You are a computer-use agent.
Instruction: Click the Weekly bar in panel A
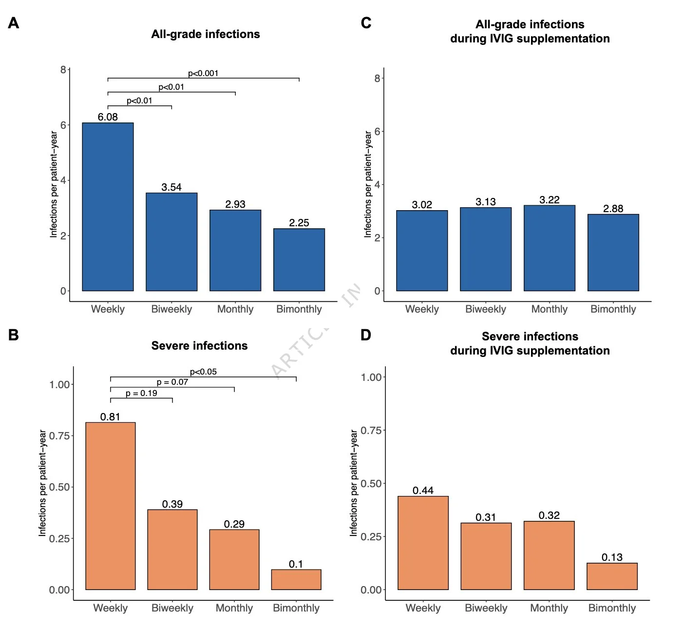[108, 207]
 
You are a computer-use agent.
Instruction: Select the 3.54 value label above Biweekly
[171, 187]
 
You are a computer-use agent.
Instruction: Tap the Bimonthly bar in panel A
[299, 259]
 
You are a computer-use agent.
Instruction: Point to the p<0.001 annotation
[203, 74]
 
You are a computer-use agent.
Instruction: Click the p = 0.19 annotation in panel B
[141, 394]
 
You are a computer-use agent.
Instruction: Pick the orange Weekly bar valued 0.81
[111, 506]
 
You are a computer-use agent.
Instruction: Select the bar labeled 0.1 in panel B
[296, 579]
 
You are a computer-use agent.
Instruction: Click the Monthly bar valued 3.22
[549, 248]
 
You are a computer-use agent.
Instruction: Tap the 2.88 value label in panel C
[613, 209]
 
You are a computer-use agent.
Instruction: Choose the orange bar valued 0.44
[423, 543]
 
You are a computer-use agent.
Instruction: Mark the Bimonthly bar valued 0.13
[612, 576]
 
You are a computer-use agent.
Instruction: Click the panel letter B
[14, 335]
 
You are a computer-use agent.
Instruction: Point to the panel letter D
[366, 335]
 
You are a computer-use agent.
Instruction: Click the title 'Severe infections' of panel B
[199, 346]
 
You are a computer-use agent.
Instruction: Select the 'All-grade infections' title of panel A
[205, 34]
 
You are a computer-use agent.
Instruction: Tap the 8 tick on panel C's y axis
[377, 78]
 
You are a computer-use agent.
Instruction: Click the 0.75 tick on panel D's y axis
[371, 430]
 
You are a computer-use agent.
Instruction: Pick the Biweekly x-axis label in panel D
[486, 608]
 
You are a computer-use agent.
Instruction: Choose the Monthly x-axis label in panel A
[235, 309]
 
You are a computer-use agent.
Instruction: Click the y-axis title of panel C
[368, 184]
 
